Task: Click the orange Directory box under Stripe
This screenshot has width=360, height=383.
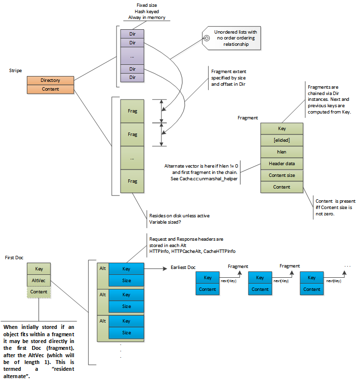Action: pyautogui.click(x=50, y=80)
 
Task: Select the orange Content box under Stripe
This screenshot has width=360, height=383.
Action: pyautogui.click(x=50, y=89)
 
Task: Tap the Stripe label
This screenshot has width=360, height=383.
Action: pyautogui.click(x=16, y=71)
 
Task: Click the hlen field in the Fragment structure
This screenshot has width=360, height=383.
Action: pyautogui.click(x=281, y=152)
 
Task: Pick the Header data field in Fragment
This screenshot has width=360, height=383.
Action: pyautogui.click(x=281, y=164)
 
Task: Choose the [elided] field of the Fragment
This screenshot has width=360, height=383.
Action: pyautogui.click(x=281, y=140)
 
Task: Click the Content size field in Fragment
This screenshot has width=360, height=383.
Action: pyautogui.click(x=281, y=175)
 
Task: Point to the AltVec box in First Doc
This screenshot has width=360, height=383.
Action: pyautogui.click(x=39, y=280)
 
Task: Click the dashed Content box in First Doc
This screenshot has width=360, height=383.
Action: pyautogui.click(x=39, y=292)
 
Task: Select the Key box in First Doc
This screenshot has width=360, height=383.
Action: pyautogui.click(x=39, y=268)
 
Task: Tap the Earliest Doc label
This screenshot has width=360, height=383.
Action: pyautogui.click(x=183, y=268)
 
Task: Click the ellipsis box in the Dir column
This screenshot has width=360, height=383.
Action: pyautogui.click(x=132, y=56)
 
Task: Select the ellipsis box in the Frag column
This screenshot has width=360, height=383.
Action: pyautogui.click(x=132, y=158)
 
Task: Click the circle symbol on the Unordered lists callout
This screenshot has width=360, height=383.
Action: pyautogui.click(x=207, y=38)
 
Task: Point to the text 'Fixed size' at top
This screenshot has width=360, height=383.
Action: pyautogui.click(x=146, y=5)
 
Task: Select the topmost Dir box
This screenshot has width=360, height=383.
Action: pyautogui.click(x=132, y=34)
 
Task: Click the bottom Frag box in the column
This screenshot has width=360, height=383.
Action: pyautogui.click(x=132, y=181)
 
